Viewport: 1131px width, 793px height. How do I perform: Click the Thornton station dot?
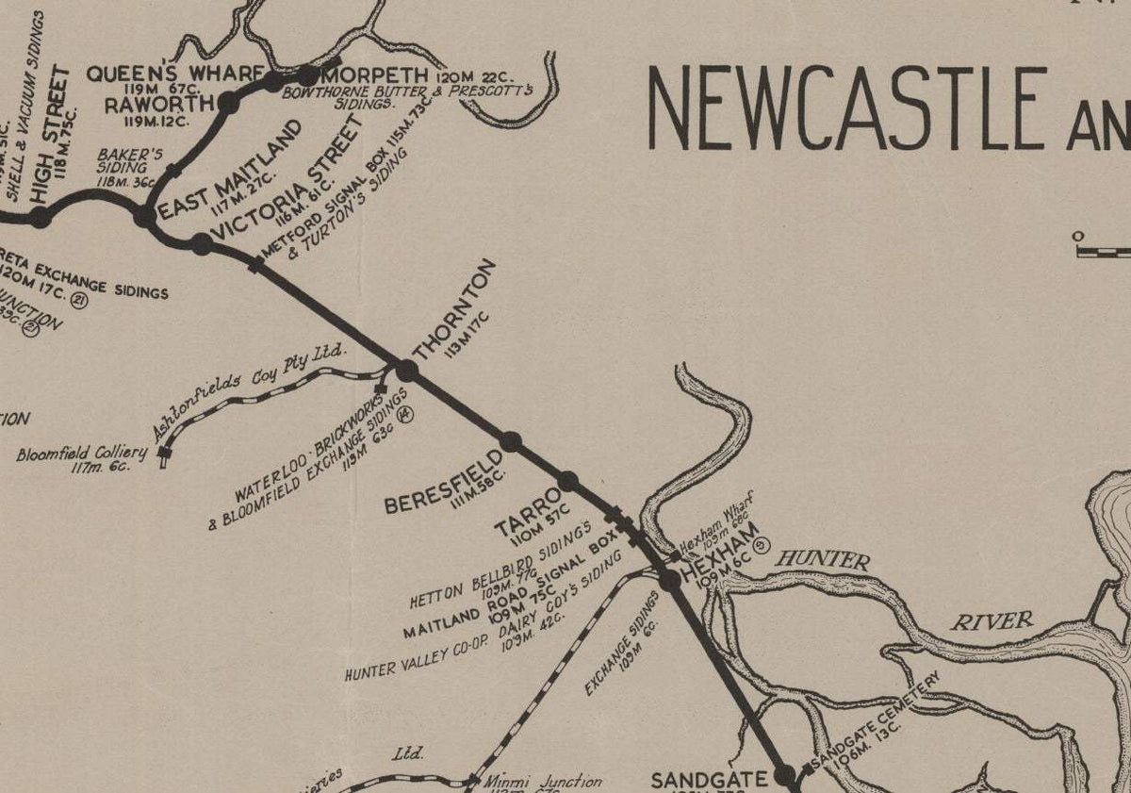406,371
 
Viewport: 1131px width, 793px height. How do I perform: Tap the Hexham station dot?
670,580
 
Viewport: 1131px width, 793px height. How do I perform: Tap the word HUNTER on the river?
823,561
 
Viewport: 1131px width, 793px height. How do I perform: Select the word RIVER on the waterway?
992,621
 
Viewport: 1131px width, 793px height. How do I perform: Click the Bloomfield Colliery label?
82,454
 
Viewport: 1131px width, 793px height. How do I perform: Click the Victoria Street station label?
287,178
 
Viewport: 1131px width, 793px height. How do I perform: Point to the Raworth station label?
147,105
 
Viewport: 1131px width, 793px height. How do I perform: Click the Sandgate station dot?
784,775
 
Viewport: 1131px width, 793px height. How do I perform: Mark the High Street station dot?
40,218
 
